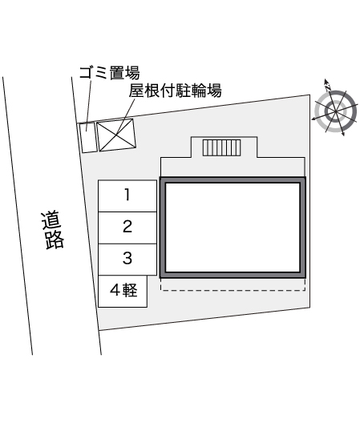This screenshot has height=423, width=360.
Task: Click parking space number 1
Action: [x=127, y=195]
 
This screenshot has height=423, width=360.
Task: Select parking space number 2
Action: [x=127, y=228]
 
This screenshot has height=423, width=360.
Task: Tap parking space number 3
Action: [x=127, y=260]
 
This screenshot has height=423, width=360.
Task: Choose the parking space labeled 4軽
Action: [x=123, y=291]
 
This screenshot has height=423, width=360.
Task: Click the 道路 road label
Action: [x=53, y=230]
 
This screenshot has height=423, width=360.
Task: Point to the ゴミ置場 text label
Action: [x=109, y=73]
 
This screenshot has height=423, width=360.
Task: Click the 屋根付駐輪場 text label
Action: [x=175, y=91]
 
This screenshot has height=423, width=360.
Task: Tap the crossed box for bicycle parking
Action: [x=116, y=135]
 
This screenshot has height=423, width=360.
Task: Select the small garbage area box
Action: [x=87, y=138]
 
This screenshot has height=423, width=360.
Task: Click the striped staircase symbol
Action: [x=222, y=147]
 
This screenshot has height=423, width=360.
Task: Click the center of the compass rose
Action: [x=336, y=111]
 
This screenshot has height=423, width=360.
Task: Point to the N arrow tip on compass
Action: [x=326, y=80]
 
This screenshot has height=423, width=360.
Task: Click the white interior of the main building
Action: [x=233, y=228]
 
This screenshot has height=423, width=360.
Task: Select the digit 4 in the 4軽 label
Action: [x=115, y=290]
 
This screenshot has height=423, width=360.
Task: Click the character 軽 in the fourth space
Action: [x=130, y=290]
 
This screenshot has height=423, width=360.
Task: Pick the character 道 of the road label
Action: [x=52, y=220]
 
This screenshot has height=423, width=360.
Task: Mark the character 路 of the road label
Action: [x=55, y=240]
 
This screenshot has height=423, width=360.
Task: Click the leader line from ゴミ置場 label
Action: [x=88, y=106]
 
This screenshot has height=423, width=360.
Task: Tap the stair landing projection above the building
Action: [x=224, y=147]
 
